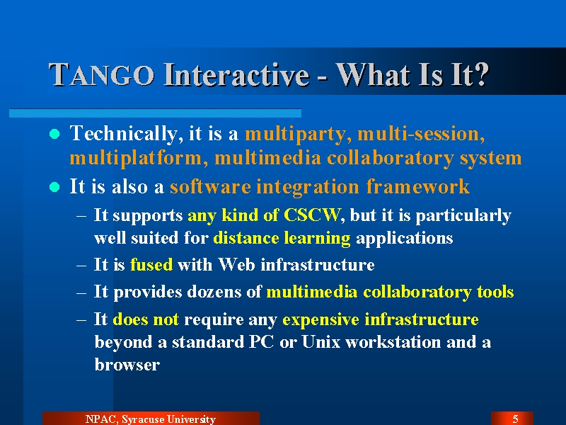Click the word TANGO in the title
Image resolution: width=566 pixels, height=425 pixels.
pyautogui.click(x=101, y=75)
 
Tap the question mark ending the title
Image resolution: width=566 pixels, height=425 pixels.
pyautogui.click(x=480, y=74)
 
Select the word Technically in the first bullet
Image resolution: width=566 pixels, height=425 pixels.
pyautogui.click(x=123, y=134)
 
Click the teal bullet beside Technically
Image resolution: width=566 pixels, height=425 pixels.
pyautogui.click(x=54, y=134)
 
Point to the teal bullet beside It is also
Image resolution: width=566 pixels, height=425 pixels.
pyautogui.click(x=54, y=187)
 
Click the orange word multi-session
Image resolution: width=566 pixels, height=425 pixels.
pyautogui.click(x=421, y=134)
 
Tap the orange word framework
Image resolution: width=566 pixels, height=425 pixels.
pyautogui.click(x=417, y=186)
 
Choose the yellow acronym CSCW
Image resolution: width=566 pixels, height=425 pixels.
pyautogui.click(x=311, y=215)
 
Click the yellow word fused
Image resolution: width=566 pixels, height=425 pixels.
pyautogui.click(x=151, y=264)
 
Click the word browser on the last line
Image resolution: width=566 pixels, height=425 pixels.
pyautogui.click(x=127, y=364)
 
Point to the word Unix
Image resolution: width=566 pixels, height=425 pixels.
pyautogui.click(x=321, y=342)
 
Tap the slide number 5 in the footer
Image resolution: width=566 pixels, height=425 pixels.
pyautogui.click(x=516, y=419)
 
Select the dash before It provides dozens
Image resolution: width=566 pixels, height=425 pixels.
pyautogui.click(x=81, y=292)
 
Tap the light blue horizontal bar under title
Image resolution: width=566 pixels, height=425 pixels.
pyautogui.click(x=155, y=113)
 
